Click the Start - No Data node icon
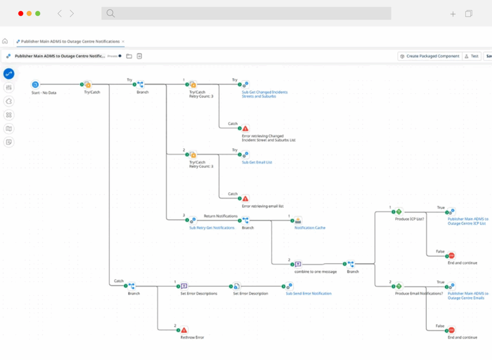pyautogui.click(x=35, y=84)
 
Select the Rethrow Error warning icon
pyautogui.click(x=184, y=330)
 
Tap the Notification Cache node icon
pyautogui.click(x=298, y=220)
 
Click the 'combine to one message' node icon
pyautogui.click(x=298, y=264)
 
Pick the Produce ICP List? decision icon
pyautogui.click(x=399, y=212)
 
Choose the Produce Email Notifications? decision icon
pyautogui.click(x=399, y=286)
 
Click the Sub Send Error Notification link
pyautogui.click(x=308, y=294)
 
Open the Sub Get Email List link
pyautogui.click(x=257, y=162)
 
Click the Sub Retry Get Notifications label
pyautogui.click(x=212, y=228)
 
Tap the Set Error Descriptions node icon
pyautogui.click(x=184, y=286)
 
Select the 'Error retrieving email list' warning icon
pyautogui.click(x=245, y=198)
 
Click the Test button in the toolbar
pyautogui.click(x=471, y=56)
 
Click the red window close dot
pyautogui.click(x=20, y=14)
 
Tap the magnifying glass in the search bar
pyautogui.click(x=110, y=14)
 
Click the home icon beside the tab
pyautogui.click(x=5, y=41)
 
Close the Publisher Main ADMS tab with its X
pyautogui.click(x=123, y=41)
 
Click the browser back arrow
pyautogui.click(x=59, y=14)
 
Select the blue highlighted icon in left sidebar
pyautogui.click(x=9, y=74)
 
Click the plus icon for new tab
pyautogui.click(x=453, y=14)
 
